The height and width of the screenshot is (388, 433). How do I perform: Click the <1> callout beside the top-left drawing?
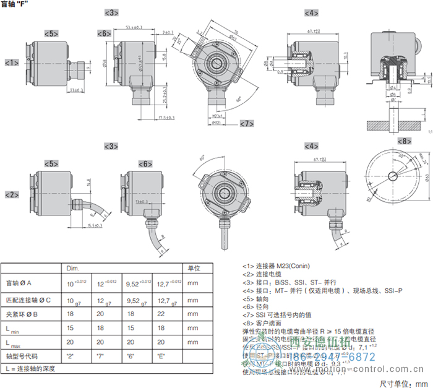point(12,63)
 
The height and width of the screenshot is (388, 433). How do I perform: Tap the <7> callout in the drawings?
point(247,124)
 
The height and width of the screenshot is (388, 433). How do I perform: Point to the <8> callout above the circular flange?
point(404,141)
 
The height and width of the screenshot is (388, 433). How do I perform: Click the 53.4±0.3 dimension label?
point(129,27)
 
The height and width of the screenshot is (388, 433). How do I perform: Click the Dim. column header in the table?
point(73,268)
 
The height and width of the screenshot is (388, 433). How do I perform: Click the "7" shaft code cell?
point(103,356)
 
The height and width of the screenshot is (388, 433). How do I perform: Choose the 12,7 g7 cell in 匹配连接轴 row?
point(164,300)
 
